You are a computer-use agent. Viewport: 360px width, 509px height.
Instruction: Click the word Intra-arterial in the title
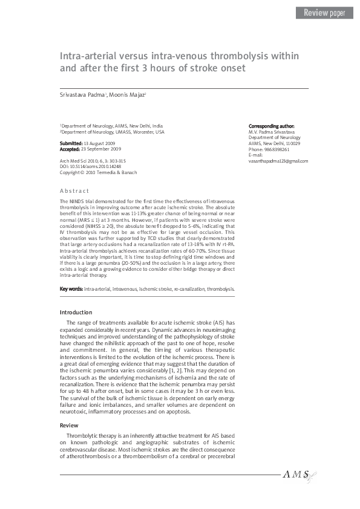pyautogui.click(x=89, y=56)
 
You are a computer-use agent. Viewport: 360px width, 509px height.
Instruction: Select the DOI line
pyautogui.click(x=90, y=167)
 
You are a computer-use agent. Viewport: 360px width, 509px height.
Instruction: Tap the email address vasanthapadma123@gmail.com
pyautogui.click(x=278, y=161)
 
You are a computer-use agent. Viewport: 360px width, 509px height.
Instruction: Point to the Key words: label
pyautogui.click(x=71, y=290)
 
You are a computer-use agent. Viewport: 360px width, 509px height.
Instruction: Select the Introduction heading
pyautogui.click(x=76, y=312)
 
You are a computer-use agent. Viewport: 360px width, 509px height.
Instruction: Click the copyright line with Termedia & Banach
pyautogui.click(x=98, y=172)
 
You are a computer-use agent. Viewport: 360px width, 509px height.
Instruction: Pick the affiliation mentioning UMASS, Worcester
pyautogui.click(x=112, y=131)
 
